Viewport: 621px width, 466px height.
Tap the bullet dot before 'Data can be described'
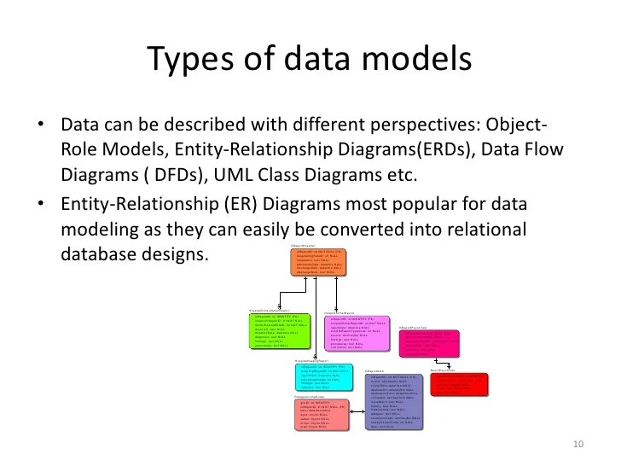[x=40, y=127]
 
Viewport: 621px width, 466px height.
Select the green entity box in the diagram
[x=281, y=333]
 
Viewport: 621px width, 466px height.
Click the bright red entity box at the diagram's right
[x=461, y=384]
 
